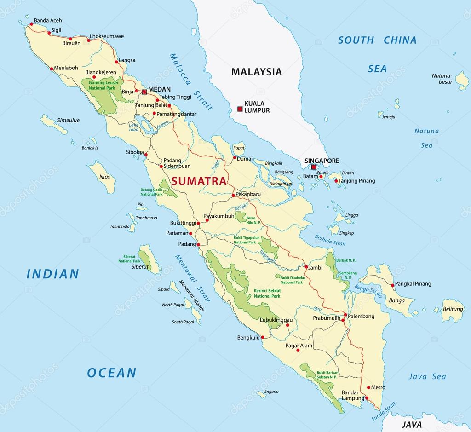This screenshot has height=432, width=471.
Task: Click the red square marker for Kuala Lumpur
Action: (x=240, y=109)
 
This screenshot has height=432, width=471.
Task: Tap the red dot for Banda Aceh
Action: (x=31, y=24)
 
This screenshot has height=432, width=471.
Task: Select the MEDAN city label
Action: (x=159, y=89)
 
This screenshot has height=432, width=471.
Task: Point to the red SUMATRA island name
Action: (x=199, y=181)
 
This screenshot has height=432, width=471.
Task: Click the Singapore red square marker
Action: (x=314, y=167)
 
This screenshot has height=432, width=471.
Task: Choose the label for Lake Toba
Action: (x=134, y=127)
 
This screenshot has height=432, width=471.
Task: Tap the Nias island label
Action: (x=104, y=176)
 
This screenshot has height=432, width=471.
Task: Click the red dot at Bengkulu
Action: (x=263, y=337)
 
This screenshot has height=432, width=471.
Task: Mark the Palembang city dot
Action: (x=345, y=315)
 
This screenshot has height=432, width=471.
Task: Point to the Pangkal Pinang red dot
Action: (x=392, y=285)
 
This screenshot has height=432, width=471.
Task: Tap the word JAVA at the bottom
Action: (x=412, y=424)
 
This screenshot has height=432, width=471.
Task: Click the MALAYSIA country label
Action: (x=256, y=72)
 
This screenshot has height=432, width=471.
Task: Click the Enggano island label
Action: (x=272, y=392)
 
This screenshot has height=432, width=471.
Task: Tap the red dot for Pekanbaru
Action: (x=233, y=195)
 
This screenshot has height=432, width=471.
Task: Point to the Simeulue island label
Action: (x=68, y=121)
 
